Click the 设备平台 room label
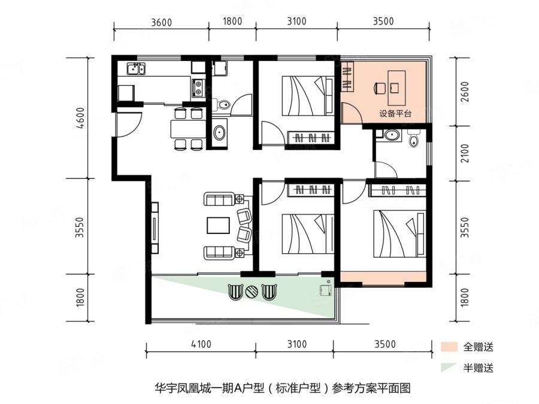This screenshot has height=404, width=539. pos(395,113)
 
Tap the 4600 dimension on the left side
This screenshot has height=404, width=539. pos(80,118)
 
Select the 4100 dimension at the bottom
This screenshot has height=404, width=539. pos(201,344)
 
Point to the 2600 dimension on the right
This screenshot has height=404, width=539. pos(465,92)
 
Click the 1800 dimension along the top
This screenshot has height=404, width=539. pos(232,22)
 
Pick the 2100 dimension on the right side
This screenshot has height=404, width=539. pos(465,154)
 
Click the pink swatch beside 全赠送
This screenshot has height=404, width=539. pos(449,347)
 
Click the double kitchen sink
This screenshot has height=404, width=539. pos(136,68)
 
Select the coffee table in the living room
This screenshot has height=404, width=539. pos(218,226)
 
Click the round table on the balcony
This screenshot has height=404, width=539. pos(253,292)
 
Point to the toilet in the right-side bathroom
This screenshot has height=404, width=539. pos(414,139)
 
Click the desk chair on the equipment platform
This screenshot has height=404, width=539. pos(380,89)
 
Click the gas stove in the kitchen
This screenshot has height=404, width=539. pos(198,87)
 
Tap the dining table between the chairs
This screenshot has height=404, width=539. pos(188,129)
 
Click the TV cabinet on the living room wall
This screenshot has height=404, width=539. pos(155,228)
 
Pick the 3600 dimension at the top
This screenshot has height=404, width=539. pos(161,22)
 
